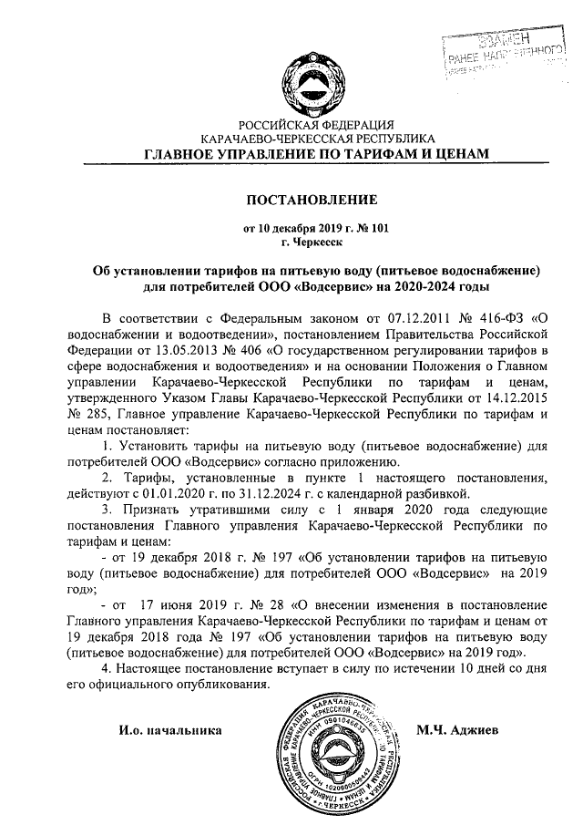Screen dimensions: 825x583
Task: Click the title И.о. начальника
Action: [x=170, y=731]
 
